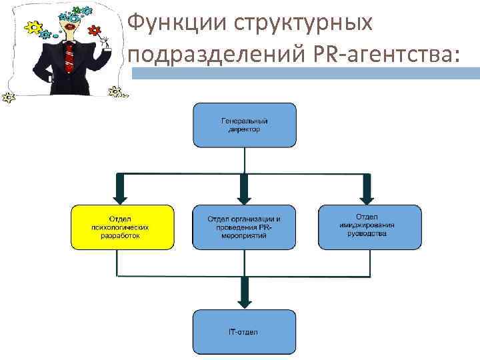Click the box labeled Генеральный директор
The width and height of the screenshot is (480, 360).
click(245, 125)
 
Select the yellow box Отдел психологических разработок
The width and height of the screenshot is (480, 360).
click(123, 227)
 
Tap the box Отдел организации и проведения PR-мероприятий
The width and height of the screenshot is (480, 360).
click(244, 227)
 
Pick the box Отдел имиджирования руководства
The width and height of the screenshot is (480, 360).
click(370, 227)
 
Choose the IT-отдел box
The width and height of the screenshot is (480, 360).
click(245, 331)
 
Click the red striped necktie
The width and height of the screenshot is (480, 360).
click(69, 57)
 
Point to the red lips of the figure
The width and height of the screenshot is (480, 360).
click(69, 29)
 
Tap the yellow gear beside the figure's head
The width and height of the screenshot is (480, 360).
click(32, 28)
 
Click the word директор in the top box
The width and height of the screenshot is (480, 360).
click(245, 130)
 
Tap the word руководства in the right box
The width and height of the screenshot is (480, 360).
click(370, 234)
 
